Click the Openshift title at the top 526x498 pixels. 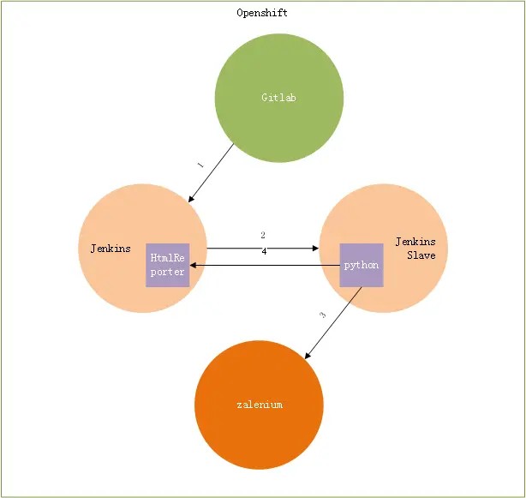click(x=262, y=13)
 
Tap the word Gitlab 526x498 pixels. click(x=278, y=98)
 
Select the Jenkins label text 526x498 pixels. click(x=111, y=249)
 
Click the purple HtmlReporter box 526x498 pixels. click(x=167, y=265)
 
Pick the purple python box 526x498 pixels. click(x=361, y=265)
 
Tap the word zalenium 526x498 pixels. click(x=259, y=405)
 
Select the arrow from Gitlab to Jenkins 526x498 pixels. click(x=211, y=173)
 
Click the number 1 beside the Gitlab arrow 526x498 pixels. click(x=200, y=164)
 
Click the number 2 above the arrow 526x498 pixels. click(x=263, y=235)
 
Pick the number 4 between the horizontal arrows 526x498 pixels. click(x=263, y=252)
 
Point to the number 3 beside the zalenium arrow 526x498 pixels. click(x=322, y=315)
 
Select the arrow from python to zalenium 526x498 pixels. click(x=334, y=322)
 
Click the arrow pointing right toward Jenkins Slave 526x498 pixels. click(x=262, y=249)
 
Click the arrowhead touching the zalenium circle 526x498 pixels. click(x=309, y=355)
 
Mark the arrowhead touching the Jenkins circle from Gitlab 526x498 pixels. click(x=191, y=199)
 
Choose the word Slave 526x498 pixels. click(x=421, y=255)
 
